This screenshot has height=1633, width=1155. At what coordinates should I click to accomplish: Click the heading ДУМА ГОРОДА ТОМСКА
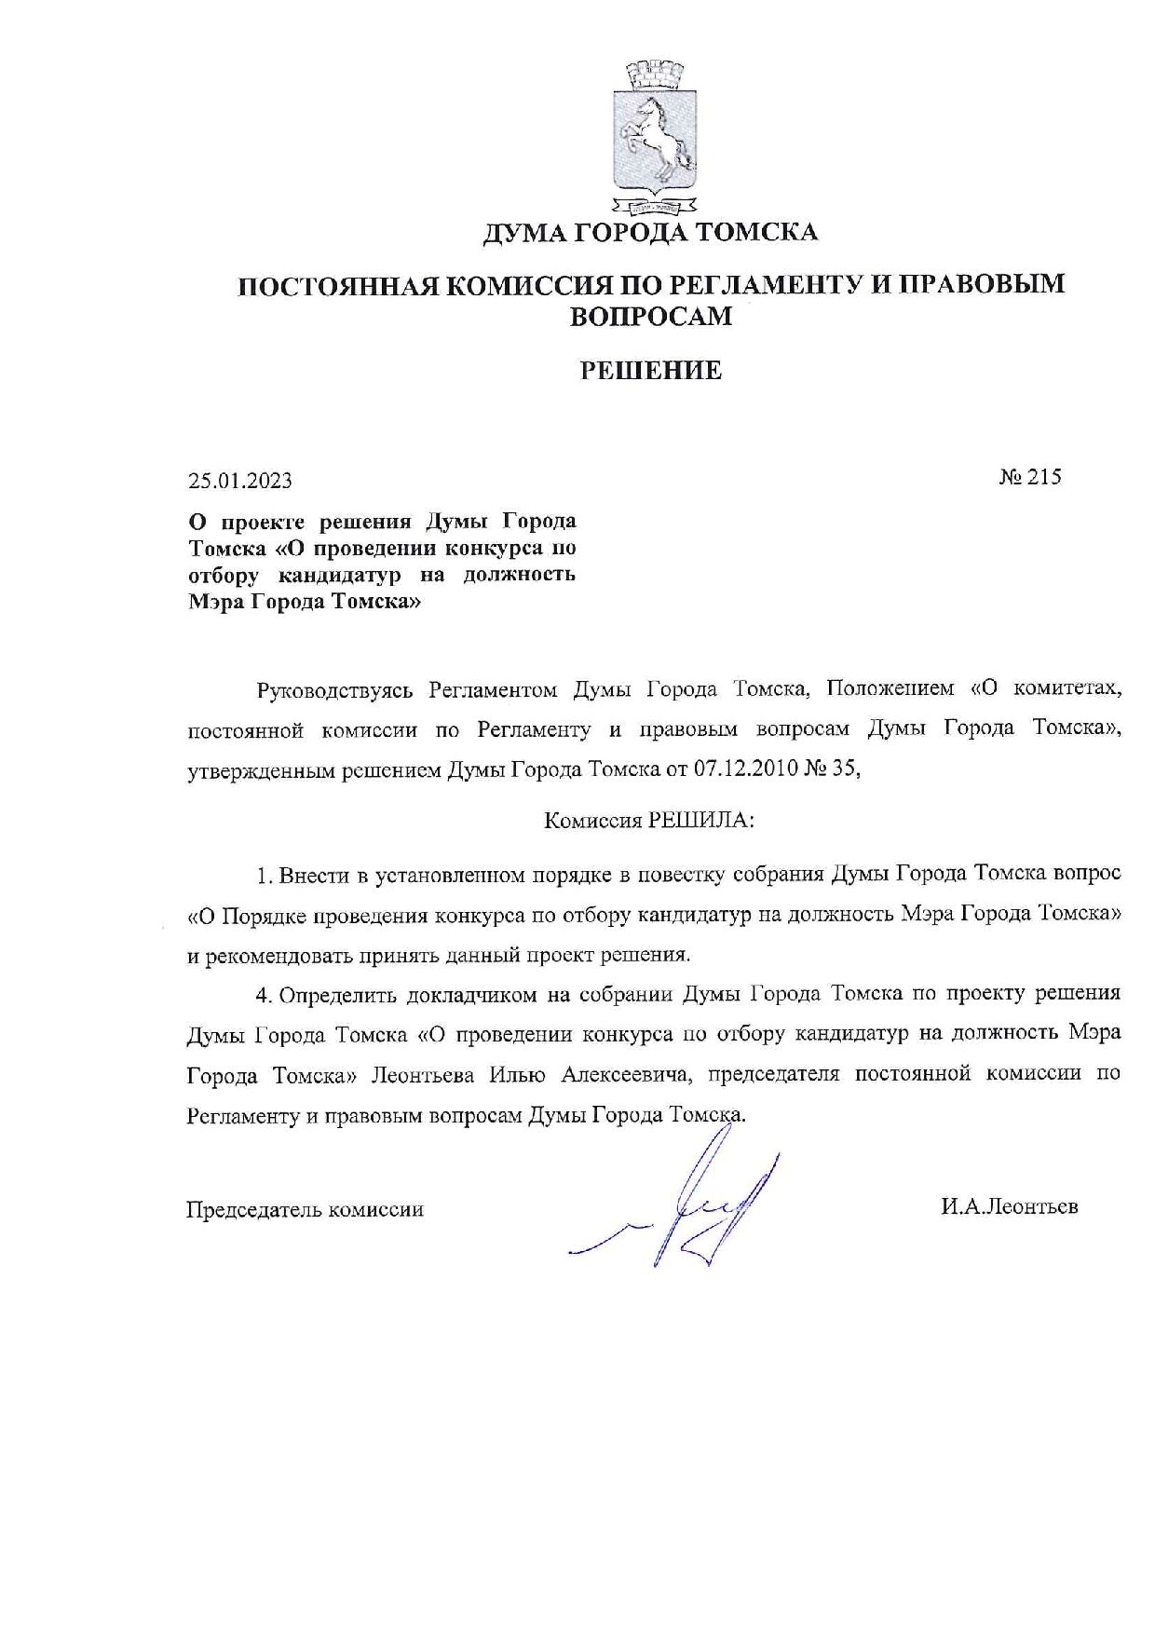point(649,232)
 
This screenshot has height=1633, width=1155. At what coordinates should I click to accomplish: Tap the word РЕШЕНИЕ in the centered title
point(651,371)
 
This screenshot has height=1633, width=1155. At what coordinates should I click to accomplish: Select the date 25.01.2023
point(240,481)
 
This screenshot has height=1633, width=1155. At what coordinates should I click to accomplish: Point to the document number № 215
point(1030,478)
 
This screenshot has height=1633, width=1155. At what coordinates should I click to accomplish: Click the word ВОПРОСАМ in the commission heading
point(650,317)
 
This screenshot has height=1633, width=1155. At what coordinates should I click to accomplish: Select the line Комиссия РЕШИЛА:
point(649,821)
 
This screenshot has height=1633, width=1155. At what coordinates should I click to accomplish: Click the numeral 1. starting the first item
point(264,875)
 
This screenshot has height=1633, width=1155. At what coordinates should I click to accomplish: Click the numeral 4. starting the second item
point(264,995)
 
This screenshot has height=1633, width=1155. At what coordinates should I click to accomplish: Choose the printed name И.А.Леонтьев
point(1009,1206)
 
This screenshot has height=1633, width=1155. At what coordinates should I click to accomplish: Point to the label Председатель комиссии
point(306,1209)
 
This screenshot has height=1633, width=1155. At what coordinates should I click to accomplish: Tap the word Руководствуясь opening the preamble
point(334,690)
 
